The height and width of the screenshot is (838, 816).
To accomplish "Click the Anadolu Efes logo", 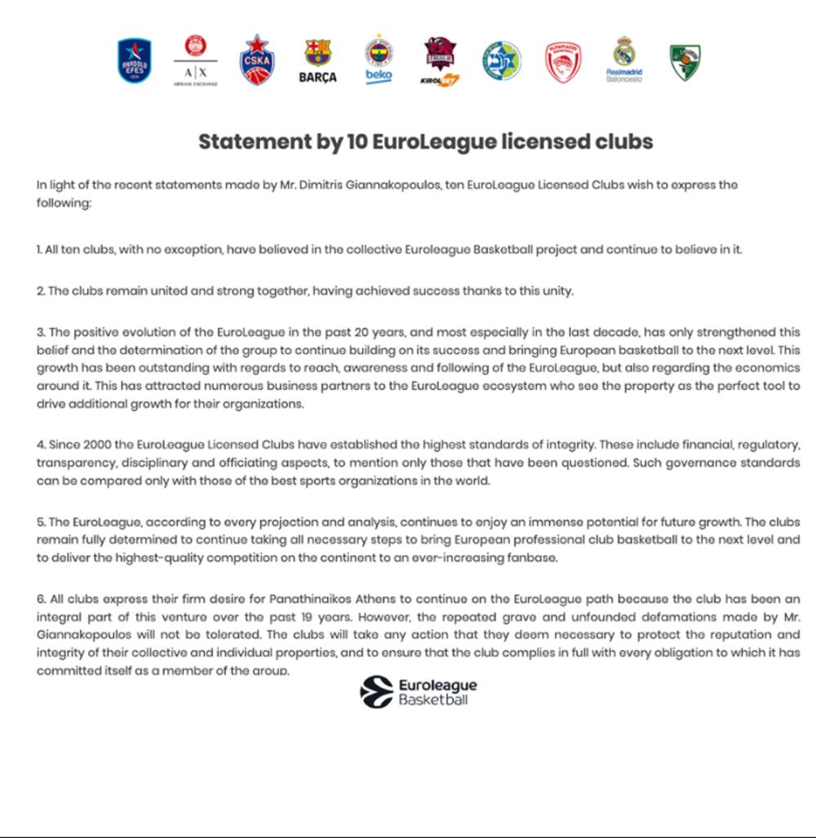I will [135, 61].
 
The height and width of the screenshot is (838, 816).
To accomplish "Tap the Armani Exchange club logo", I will [196, 60].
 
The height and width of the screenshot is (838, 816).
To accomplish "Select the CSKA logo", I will [257, 60].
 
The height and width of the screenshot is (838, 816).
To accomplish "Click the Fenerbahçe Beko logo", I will [379, 60].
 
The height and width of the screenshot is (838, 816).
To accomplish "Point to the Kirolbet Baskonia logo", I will [440, 62].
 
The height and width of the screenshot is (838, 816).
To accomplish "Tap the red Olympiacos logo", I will [563, 62].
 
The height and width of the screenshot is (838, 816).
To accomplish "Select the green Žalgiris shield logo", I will [685, 62].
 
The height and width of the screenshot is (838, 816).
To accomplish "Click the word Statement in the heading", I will [251, 142].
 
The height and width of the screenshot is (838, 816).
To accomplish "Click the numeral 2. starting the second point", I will [41, 291].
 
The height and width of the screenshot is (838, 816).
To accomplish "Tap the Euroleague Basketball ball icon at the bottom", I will [376, 692].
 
